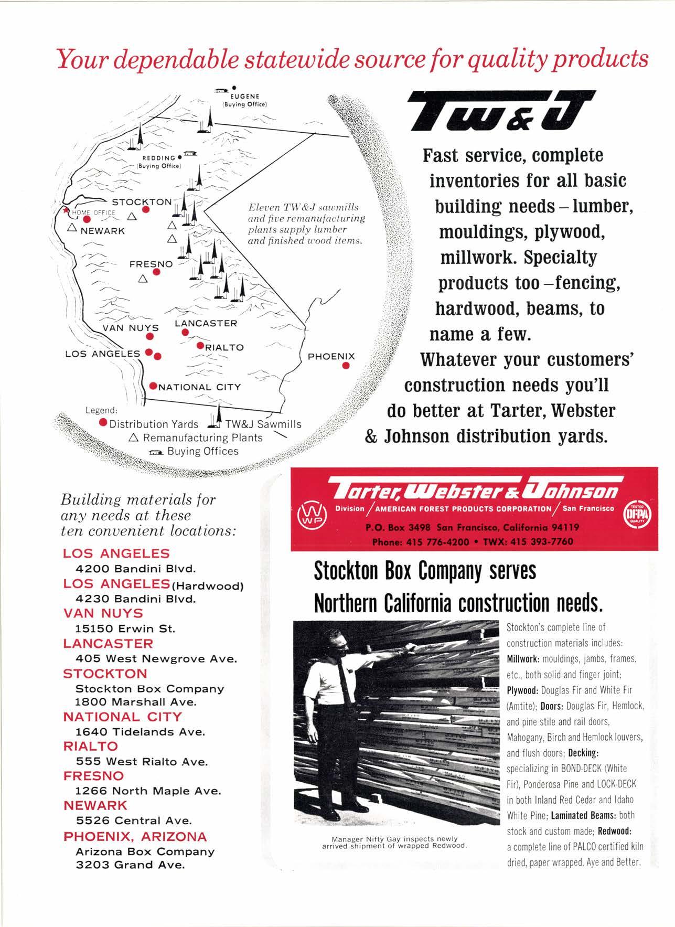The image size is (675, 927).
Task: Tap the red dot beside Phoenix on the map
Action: point(346,366)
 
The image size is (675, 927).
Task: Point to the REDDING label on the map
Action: point(159,158)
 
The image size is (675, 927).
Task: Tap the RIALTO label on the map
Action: point(224,347)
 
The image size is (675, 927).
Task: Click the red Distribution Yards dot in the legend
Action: point(103,423)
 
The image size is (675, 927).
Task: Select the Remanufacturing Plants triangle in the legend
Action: point(134,437)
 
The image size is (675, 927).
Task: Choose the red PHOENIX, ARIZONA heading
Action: point(135,836)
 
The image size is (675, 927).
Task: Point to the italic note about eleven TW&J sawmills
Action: point(307,224)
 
